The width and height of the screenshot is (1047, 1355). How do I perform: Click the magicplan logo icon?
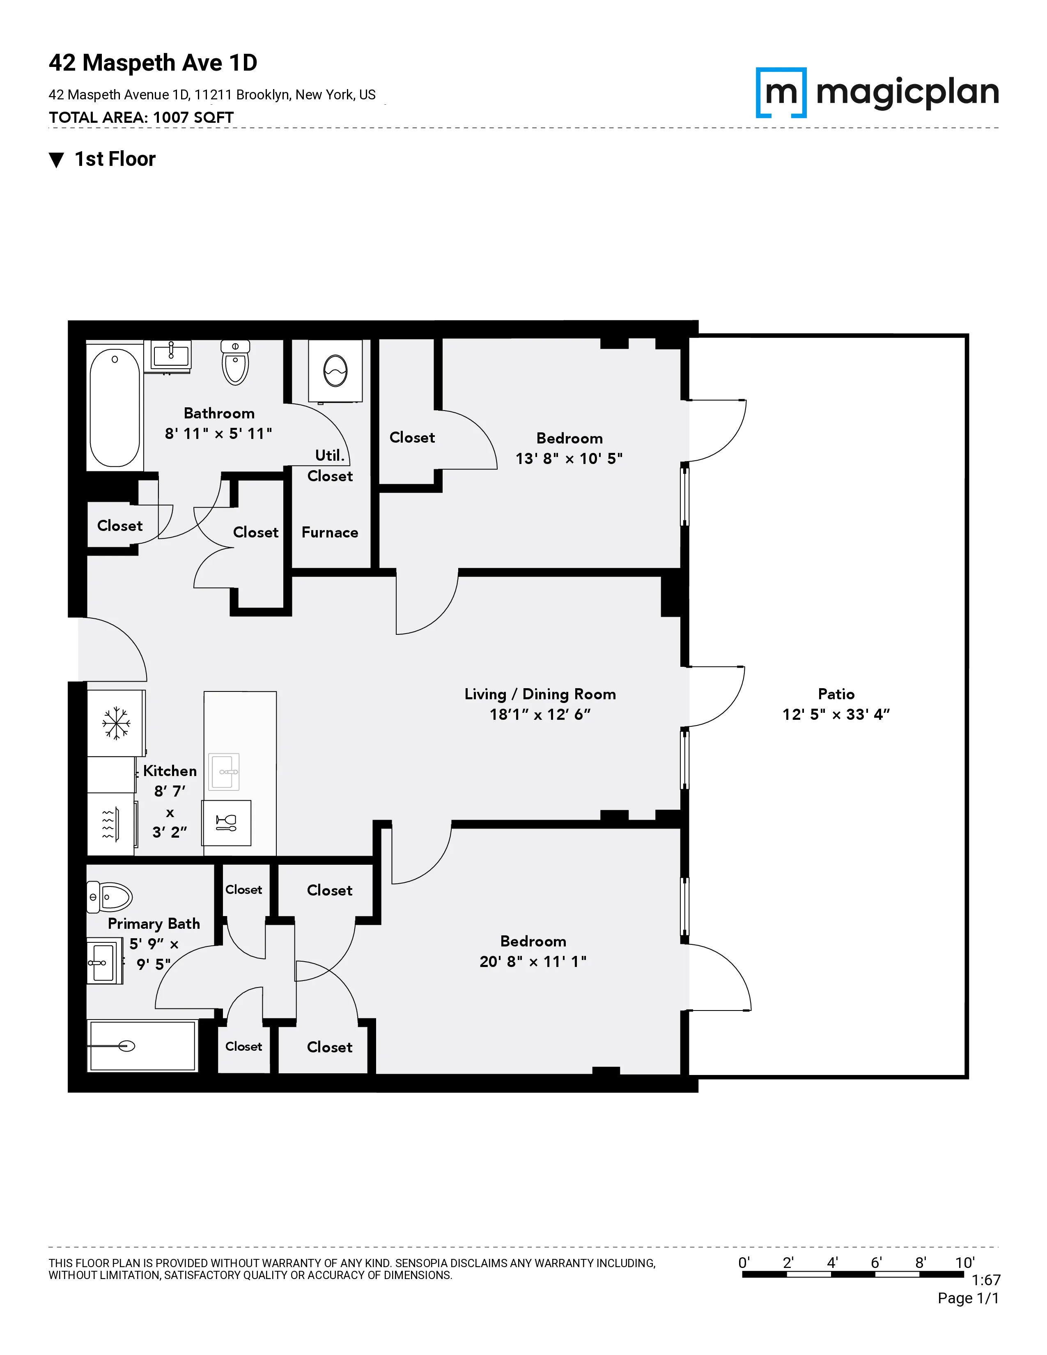click(781, 92)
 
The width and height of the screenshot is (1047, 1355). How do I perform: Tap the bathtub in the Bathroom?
click(115, 406)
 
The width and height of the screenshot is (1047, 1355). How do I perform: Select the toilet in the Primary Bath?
click(110, 896)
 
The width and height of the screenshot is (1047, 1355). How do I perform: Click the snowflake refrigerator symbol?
click(116, 723)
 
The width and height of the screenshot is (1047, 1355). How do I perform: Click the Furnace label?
click(329, 532)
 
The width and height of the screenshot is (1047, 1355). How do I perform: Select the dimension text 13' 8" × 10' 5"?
click(569, 459)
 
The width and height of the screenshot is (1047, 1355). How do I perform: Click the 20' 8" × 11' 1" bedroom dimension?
click(533, 961)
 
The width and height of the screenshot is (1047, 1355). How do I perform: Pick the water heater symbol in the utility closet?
click(335, 371)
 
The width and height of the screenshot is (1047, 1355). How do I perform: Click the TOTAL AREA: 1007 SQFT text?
click(141, 117)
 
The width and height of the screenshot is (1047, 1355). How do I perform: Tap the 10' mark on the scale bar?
click(964, 1263)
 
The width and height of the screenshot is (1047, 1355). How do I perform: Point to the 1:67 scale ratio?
click(985, 1280)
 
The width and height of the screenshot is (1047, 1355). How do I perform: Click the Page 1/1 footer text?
click(968, 1298)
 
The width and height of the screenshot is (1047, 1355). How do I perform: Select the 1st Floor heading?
click(115, 159)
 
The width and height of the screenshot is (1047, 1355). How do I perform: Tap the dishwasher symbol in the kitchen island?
click(226, 823)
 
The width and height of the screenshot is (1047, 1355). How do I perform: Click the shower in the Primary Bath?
click(142, 1046)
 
